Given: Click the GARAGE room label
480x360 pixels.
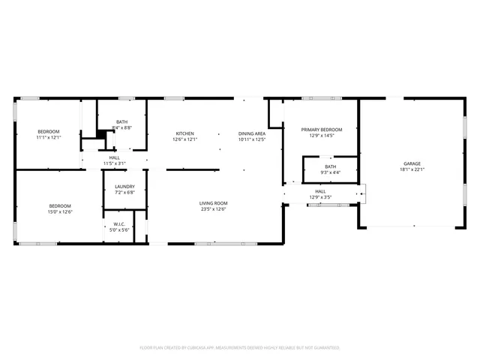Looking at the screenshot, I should point(412,163).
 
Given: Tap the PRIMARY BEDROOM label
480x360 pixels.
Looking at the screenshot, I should point(322,130).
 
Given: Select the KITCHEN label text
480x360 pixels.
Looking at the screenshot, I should point(185,133).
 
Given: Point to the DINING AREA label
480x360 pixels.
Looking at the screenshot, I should point(252,133).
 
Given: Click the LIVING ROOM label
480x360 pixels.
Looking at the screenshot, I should point(213,203).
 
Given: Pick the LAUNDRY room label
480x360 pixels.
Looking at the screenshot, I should point(124,187).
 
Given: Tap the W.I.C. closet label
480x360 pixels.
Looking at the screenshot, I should point(118,224).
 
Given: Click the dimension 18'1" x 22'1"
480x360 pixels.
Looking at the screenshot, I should point(412,169).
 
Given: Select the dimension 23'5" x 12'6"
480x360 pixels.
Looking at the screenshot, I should point(213,209).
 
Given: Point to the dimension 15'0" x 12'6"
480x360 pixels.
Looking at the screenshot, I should point(60,211).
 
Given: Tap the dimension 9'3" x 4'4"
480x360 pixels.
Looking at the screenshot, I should point(330,172).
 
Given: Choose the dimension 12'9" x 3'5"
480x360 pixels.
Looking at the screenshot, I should point(320,197).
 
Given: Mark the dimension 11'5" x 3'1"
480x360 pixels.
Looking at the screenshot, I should point(115,163).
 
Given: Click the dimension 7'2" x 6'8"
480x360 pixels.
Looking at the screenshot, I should point(124,193).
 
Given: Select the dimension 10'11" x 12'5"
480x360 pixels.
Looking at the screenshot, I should point(252,139).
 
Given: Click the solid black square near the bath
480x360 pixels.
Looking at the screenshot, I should point(98,134).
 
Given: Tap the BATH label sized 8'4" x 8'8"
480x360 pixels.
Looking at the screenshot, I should point(122,122).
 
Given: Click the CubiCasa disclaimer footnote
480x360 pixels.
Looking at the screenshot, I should point(240,347).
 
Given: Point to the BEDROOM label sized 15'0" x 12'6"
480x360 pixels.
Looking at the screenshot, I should point(60,205).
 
